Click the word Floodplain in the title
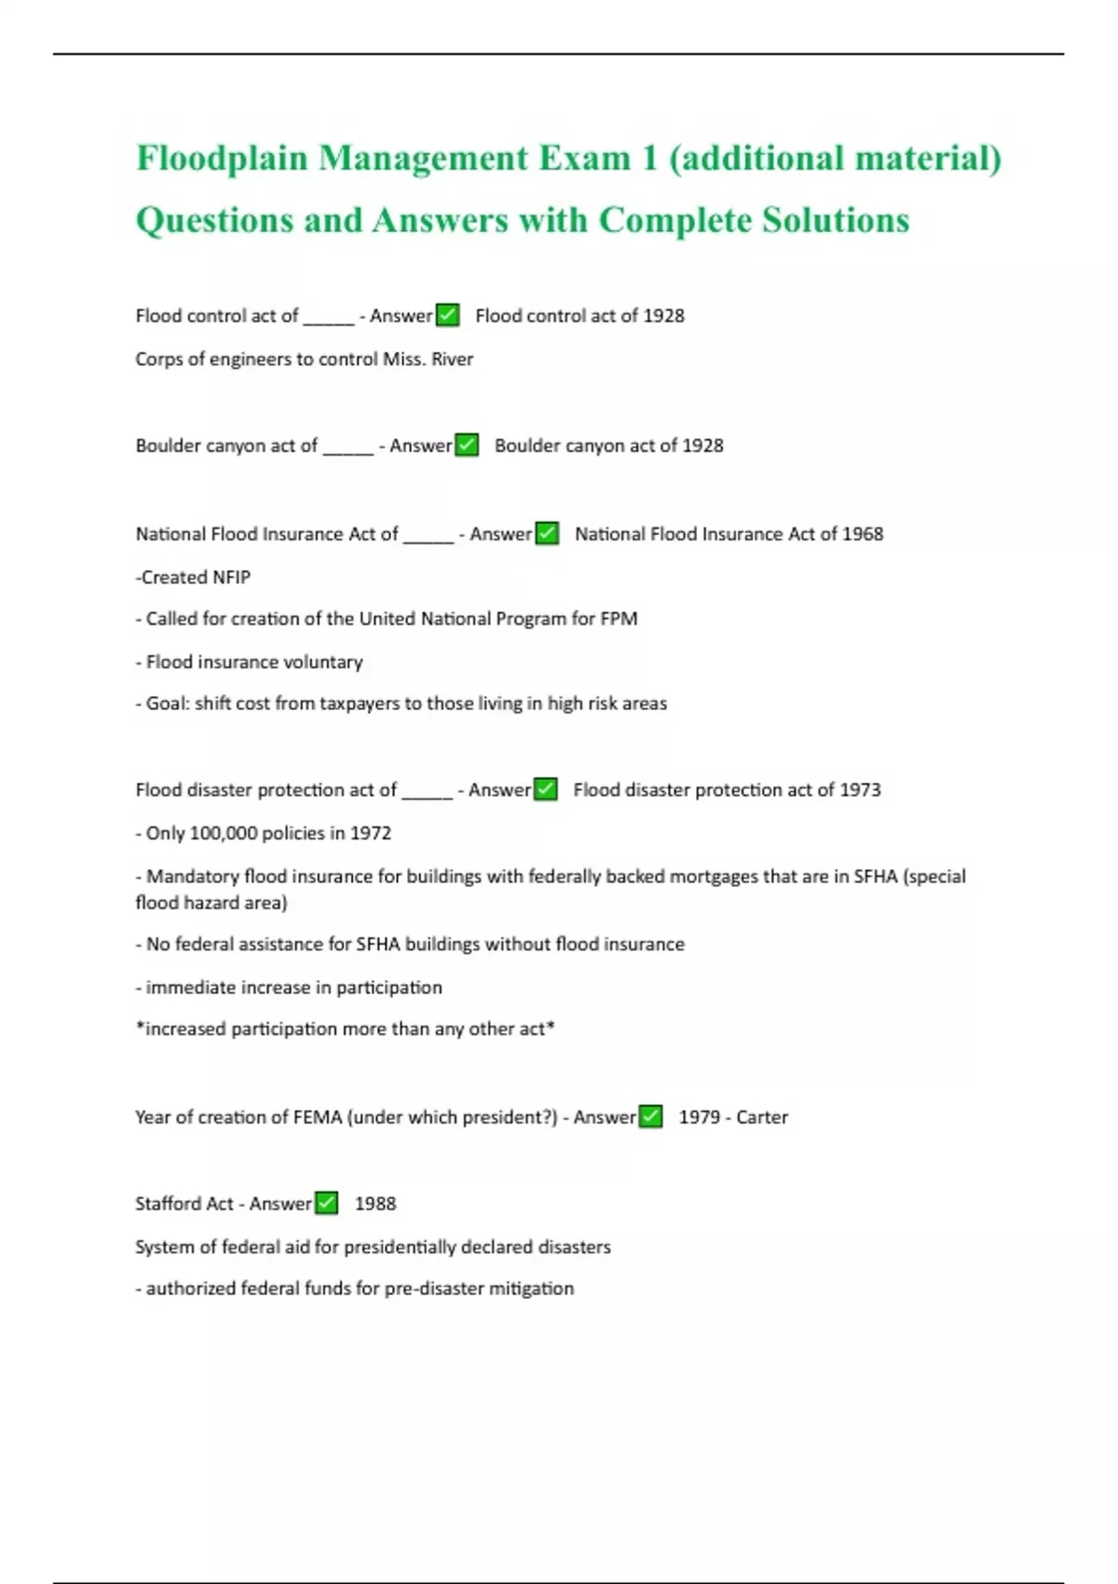[222, 159]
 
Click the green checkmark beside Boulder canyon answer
[467, 445]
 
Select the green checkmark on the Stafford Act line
[326, 1203]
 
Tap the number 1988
[375, 1204]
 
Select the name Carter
[761, 1117]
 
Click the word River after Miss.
[452, 360]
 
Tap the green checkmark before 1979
[650, 1116]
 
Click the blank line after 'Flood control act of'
[328, 317]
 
